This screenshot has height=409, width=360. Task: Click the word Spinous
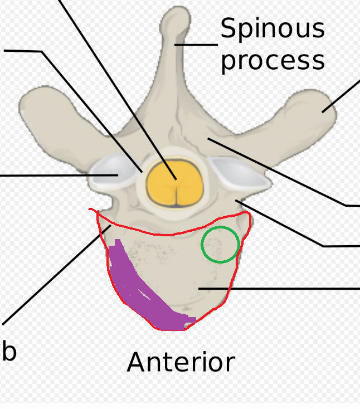[x=272, y=29]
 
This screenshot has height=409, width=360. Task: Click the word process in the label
[x=272, y=60]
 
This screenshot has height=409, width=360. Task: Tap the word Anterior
[x=181, y=363]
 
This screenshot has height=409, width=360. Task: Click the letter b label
[x=8, y=351]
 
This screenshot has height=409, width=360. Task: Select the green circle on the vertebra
[x=220, y=244]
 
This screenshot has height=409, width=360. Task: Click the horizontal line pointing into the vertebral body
[x=279, y=289]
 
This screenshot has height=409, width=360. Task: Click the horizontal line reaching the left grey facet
[x=56, y=176]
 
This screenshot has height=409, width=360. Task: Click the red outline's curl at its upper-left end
[x=94, y=212]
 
